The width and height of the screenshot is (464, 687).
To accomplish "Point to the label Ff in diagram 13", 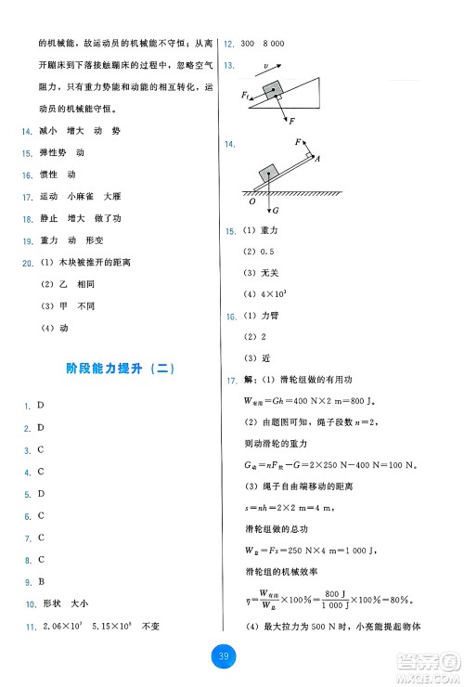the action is tap(246, 96).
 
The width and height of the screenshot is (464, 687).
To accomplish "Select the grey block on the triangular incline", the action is tap(273, 89).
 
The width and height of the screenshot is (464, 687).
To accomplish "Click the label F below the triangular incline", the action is tap(290, 122).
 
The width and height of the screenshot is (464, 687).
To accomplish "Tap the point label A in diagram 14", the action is tap(318, 158).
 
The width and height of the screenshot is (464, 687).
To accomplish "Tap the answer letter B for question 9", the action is tap(41, 583).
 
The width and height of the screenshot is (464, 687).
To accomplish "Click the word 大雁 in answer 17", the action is tap(112, 196).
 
